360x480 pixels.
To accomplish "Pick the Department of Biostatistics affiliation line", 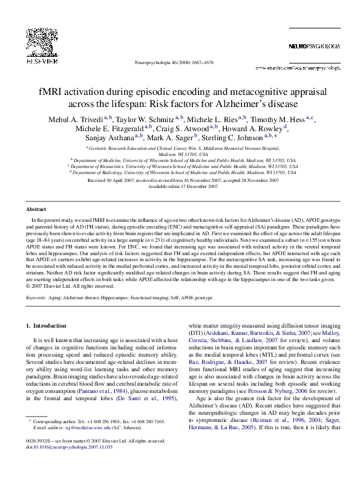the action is point(182,166).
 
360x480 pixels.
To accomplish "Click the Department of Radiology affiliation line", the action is point(182,172).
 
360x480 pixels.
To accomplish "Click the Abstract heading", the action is point(37,209).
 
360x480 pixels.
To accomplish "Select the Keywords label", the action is point(36,298).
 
